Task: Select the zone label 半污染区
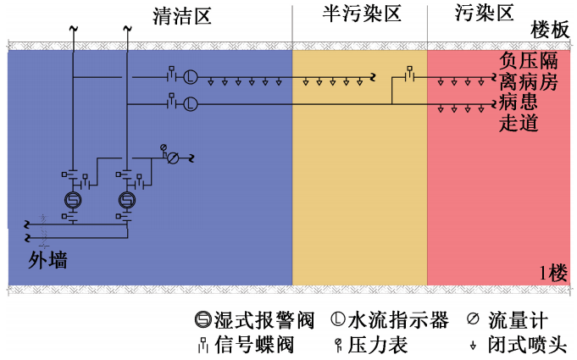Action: coord(361,14)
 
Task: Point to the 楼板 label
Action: coord(550,30)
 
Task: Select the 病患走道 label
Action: coord(519,113)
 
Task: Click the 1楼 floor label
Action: coord(552,273)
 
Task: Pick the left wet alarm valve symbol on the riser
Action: coord(72,200)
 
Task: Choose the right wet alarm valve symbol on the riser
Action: coord(127,200)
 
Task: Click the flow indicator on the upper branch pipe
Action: coord(191,78)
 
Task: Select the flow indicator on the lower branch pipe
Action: coord(191,104)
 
